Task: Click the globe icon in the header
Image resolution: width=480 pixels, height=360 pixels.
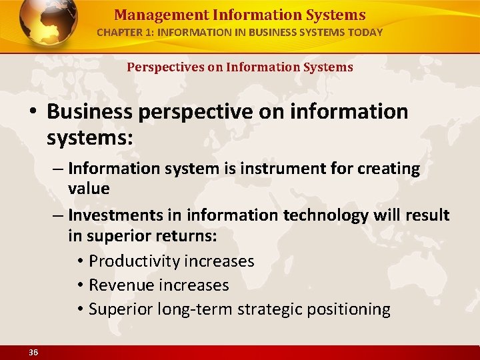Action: coord(49,24)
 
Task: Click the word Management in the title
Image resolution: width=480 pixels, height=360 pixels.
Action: coord(152,15)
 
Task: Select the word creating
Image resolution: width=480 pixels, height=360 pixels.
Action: coord(387,169)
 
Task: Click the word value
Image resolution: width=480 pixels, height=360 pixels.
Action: coord(89,188)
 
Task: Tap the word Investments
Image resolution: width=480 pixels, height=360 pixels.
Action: coord(117,215)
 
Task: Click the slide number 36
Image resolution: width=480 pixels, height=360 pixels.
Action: coord(33,352)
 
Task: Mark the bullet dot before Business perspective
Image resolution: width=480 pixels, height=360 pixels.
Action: coord(33,112)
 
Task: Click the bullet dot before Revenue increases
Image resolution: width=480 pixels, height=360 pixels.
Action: coord(79,285)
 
